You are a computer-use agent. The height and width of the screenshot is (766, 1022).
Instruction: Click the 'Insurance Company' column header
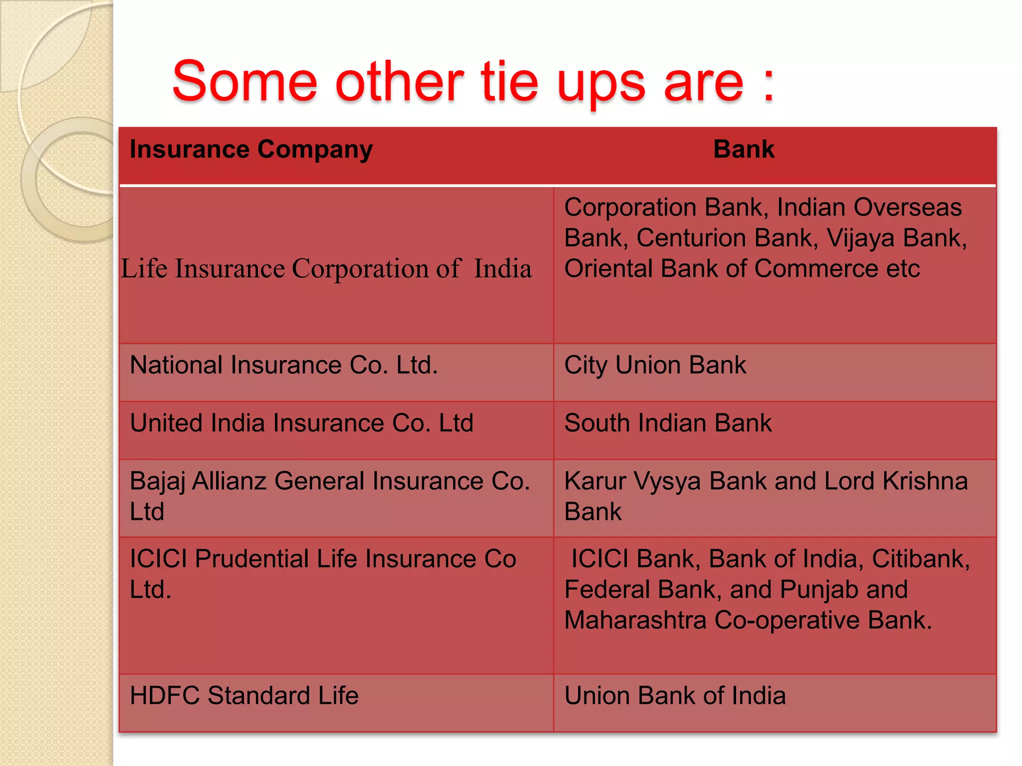coord(251,150)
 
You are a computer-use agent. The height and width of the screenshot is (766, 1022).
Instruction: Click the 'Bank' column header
coord(744,150)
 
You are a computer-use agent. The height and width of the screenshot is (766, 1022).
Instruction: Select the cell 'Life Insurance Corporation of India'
coord(326,269)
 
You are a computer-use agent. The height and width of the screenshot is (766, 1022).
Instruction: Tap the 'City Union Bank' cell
coord(655,365)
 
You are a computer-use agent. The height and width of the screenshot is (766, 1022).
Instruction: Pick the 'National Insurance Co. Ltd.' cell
coord(283,365)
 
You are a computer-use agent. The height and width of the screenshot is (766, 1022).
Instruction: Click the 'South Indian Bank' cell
coord(668,423)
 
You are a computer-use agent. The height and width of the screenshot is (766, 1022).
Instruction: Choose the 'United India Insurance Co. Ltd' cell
coord(301,423)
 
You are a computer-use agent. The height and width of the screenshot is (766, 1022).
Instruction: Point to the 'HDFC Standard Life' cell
coord(244,696)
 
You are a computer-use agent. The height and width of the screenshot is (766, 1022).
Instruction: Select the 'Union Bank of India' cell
coord(675,696)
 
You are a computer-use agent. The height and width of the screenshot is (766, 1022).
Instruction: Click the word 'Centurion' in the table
coord(691,238)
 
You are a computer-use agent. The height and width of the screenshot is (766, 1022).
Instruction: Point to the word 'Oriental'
coord(608,269)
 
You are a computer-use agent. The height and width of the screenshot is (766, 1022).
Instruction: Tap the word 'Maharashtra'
coord(635,620)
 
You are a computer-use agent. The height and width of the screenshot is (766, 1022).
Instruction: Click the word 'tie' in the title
coord(510,82)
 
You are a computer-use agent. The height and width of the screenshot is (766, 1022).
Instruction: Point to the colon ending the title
coord(768,85)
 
